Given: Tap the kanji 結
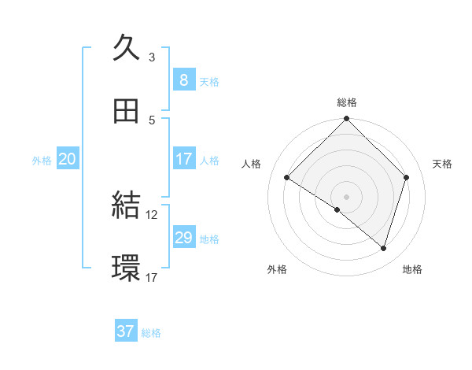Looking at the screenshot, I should (127, 205).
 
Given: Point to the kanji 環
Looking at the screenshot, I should (127, 268).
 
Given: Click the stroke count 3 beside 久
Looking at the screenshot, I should (152, 57).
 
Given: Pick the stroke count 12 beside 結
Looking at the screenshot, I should (152, 214).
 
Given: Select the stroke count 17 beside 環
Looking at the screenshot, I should (152, 277).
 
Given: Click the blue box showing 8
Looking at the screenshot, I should (183, 80).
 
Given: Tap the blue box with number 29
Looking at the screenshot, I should (183, 237).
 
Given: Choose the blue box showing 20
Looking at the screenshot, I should (67, 159).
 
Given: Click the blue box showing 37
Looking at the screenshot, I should (126, 331).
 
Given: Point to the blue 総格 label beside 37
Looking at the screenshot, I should (151, 333).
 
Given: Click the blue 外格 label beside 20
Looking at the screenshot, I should (42, 160).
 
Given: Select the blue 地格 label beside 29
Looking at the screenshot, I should (209, 239).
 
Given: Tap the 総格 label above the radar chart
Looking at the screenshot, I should (346, 102).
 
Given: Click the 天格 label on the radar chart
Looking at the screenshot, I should (442, 164).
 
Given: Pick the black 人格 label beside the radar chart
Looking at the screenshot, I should (252, 164).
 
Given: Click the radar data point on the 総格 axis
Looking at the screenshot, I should (346, 120).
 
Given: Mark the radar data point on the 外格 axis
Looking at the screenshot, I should (337, 209).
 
